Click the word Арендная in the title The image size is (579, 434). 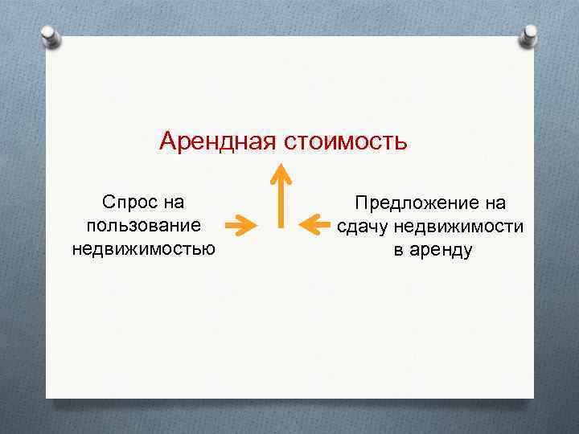(x=217, y=141)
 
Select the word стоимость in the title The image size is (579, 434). (x=345, y=141)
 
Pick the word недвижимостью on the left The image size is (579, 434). (x=143, y=248)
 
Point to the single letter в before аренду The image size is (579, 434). (x=398, y=251)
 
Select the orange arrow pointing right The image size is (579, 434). (x=240, y=226)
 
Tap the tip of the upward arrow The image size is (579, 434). (x=280, y=166)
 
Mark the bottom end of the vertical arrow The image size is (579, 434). (x=280, y=225)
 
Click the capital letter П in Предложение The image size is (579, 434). (x=362, y=203)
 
